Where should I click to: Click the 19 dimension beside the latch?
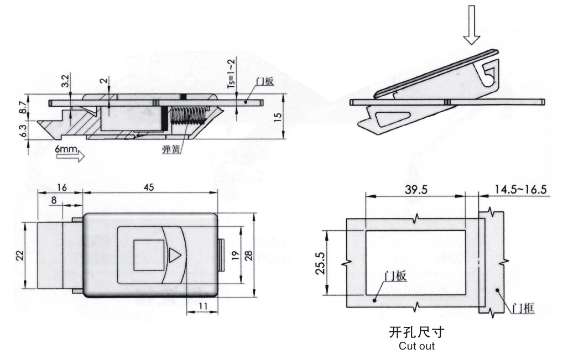point(235,255)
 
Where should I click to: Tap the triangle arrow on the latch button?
point(174,255)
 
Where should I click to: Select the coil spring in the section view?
point(188,117)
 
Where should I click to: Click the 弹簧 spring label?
point(171,148)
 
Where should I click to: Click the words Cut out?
point(416,346)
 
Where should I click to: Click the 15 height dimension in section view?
point(279,117)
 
